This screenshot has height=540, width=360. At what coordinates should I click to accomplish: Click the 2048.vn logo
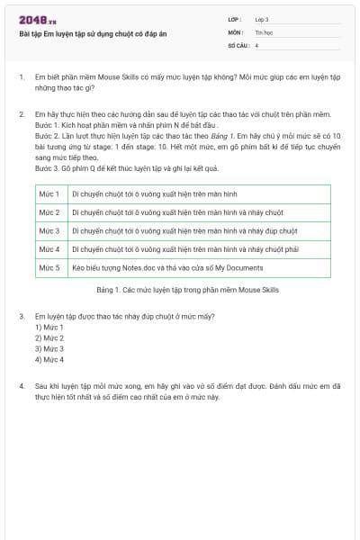point(38,20)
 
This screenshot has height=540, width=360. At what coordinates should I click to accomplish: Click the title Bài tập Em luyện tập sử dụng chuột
point(93,33)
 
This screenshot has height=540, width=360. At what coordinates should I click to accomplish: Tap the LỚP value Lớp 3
point(262,18)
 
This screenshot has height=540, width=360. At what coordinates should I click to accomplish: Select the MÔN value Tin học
point(263,31)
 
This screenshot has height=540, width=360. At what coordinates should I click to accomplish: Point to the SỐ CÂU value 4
point(257,44)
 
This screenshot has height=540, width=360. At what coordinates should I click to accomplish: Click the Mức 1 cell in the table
point(49,193)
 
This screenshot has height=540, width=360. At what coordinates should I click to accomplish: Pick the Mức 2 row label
point(49,212)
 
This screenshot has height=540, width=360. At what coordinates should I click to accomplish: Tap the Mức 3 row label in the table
point(49,230)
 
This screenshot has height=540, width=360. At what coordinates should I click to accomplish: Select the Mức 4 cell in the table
point(49,249)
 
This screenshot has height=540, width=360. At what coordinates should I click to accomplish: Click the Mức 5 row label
point(49,267)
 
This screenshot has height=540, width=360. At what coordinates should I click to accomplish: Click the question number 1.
point(22,77)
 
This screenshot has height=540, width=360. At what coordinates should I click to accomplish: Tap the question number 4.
point(22,385)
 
